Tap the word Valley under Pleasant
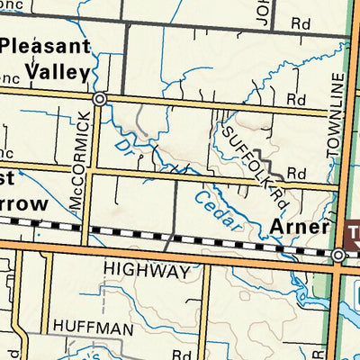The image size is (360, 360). (x=57, y=71)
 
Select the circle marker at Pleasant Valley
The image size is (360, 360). (x=99, y=98)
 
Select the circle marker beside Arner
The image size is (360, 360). (x=338, y=256)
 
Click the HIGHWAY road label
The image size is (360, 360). (x=147, y=270)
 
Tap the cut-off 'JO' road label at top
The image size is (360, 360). (x=262, y=13)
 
